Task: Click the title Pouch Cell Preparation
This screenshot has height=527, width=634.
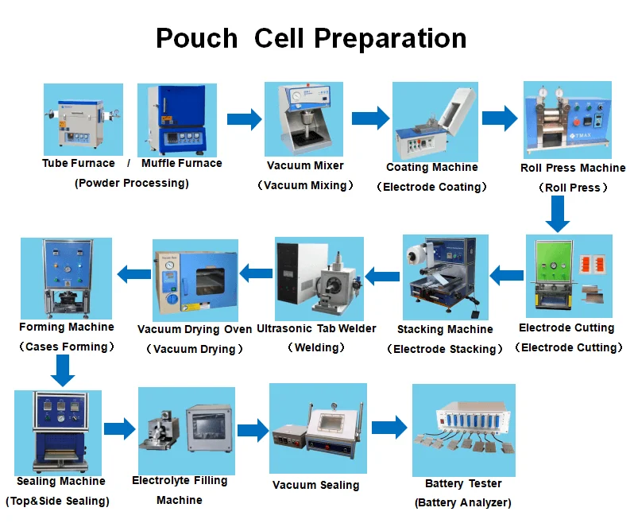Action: [311, 38]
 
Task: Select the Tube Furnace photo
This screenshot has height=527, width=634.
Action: [83, 119]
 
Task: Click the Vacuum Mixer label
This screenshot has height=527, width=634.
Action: [305, 165]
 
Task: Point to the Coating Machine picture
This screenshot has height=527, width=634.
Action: [431, 121]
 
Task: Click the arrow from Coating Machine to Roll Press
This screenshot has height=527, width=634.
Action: [499, 118]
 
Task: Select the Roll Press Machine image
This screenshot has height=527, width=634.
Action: [566, 119]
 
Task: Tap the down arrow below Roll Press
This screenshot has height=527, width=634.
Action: [559, 212]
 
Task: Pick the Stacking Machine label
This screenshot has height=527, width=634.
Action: [445, 329]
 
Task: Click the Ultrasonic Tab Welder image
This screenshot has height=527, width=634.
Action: [319, 277]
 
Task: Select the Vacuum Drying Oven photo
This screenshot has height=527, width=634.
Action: [194, 279]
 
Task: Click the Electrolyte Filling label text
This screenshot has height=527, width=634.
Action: [180, 480]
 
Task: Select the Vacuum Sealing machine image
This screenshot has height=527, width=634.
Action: [317, 428]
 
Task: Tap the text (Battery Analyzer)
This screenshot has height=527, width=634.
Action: [463, 502]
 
